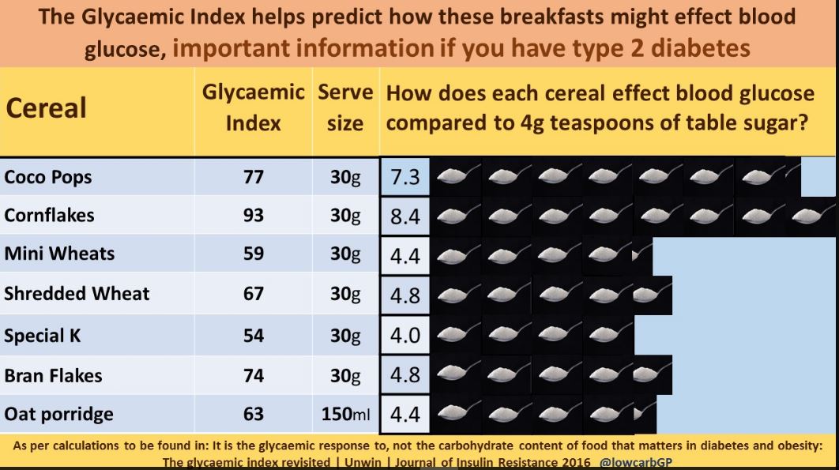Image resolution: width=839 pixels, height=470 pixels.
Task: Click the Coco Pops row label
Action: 48,177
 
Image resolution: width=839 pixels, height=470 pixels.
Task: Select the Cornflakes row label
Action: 49,215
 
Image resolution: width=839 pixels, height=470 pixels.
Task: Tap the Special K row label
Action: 43,335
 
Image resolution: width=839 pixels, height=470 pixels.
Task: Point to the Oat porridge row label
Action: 58,414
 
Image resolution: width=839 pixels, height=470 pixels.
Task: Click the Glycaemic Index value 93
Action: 254,215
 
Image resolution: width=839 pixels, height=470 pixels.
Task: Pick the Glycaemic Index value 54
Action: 254,335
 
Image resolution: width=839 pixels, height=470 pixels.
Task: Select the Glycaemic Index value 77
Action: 254,177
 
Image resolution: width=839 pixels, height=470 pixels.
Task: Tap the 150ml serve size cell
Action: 346,414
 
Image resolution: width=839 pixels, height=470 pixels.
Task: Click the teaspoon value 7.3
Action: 405,177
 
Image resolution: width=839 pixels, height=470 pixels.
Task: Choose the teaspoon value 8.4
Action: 405,216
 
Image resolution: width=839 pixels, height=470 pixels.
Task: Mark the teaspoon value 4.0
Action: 405,335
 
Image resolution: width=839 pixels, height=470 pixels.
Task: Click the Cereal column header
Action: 46,108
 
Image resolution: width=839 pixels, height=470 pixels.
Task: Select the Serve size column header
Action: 345,108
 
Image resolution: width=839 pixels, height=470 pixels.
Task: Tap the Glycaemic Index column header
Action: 254,108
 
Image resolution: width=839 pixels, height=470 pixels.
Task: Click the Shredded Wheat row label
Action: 77,294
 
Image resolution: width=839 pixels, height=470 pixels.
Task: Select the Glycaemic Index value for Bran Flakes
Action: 254,375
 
